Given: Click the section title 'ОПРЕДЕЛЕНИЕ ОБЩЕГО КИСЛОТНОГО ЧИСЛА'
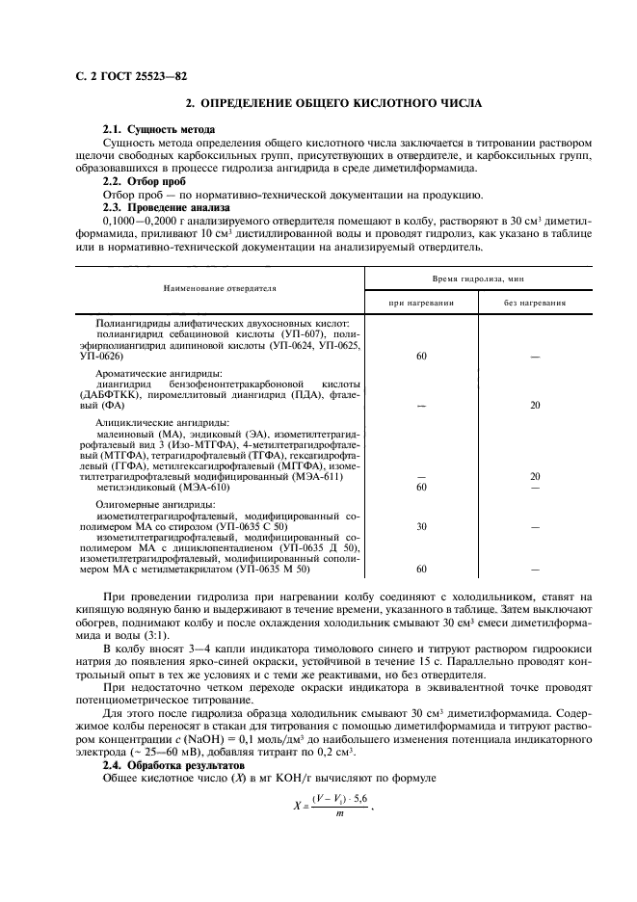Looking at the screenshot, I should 332,103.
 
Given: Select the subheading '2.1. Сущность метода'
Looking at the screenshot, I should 159,129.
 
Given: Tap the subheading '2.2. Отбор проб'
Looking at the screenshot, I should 144,181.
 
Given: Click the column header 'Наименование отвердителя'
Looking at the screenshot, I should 219,287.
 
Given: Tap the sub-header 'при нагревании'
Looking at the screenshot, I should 421,302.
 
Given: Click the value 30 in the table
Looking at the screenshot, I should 421,527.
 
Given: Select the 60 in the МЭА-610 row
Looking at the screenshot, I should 421,487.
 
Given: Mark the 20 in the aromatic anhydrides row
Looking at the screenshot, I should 535,405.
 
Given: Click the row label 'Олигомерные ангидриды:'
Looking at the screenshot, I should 156,504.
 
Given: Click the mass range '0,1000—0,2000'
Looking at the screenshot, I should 135,221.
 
